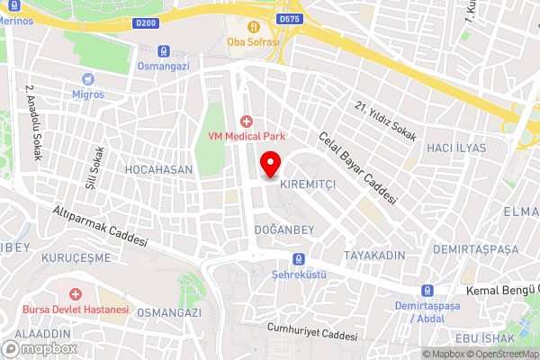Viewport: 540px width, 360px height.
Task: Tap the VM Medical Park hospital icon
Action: coord(246,121)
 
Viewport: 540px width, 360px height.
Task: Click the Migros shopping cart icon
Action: coord(88,79)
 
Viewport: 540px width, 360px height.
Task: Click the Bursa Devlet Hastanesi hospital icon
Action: coord(76,294)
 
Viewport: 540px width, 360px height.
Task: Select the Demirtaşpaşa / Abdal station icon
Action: coord(426,291)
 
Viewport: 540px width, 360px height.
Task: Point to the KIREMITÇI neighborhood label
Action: coord(309,183)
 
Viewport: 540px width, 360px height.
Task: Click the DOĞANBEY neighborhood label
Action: coord(283,230)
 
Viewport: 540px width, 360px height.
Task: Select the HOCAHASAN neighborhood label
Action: coord(159,168)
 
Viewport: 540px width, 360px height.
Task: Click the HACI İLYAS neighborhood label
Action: coord(455,148)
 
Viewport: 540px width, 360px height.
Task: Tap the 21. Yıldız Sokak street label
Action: coord(385,122)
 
